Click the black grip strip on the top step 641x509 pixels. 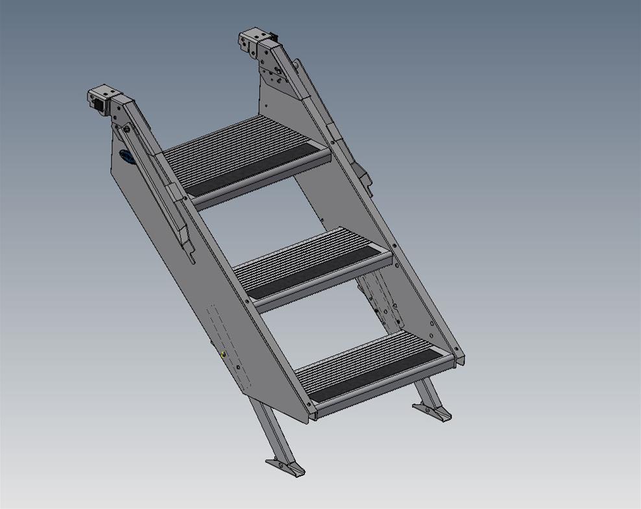(256, 168)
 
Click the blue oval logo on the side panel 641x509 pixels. (127, 157)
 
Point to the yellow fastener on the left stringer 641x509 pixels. (223, 354)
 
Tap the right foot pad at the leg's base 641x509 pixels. (432, 410)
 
